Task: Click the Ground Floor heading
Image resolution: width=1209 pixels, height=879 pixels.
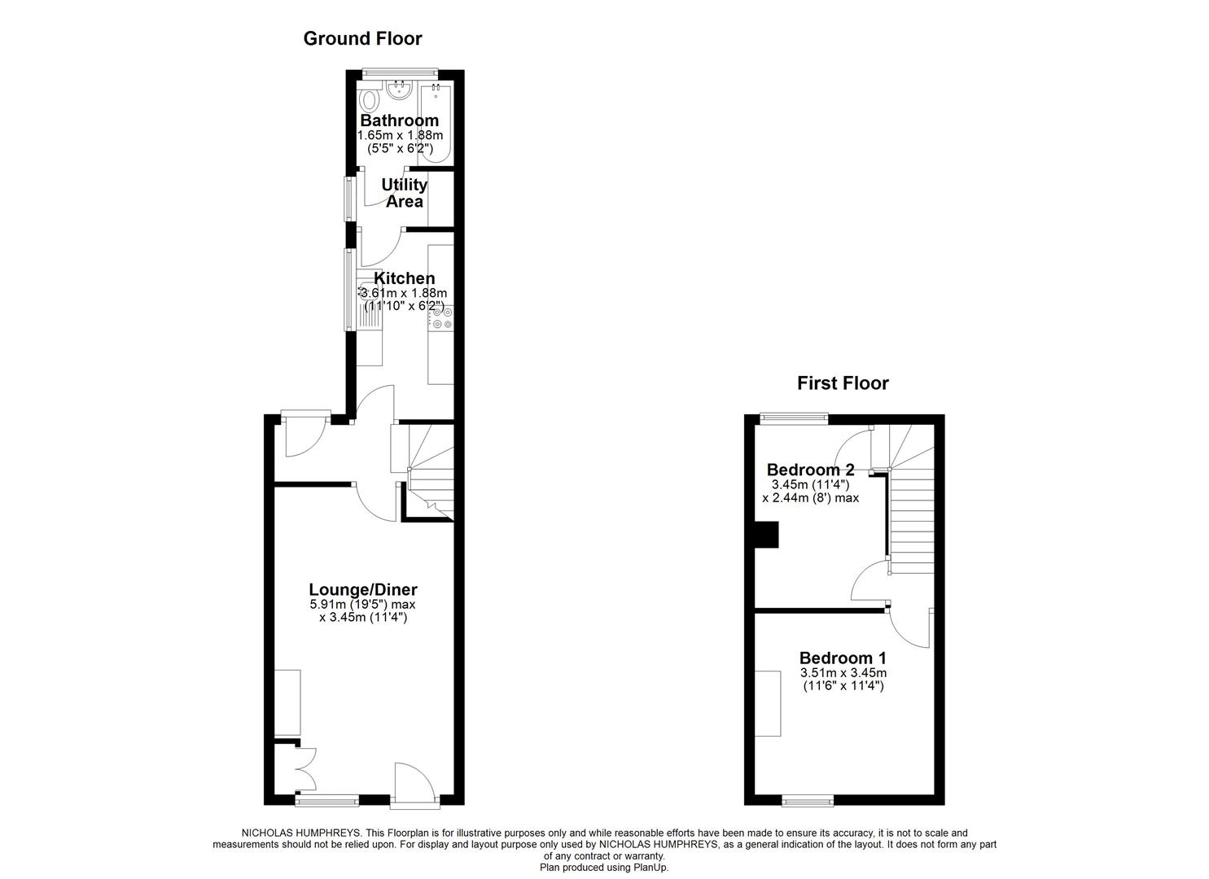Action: (x=362, y=38)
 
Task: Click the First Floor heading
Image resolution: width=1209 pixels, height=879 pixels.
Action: (x=843, y=383)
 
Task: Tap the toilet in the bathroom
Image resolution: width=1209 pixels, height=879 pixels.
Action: (x=370, y=101)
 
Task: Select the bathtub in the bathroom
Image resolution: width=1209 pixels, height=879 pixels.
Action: (x=436, y=122)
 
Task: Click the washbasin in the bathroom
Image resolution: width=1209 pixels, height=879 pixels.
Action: (x=400, y=90)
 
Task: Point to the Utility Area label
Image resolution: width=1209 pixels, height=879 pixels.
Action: (x=404, y=193)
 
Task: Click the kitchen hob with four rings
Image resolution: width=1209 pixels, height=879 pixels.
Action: (x=442, y=317)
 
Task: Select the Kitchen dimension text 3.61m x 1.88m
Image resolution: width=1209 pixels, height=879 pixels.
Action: (x=403, y=293)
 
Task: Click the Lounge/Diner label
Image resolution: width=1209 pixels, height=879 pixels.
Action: (x=363, y=589)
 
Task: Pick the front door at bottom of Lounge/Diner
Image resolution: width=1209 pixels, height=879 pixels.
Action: (x=414, y=785)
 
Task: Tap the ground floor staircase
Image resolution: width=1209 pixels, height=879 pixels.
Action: (x=430, y=472)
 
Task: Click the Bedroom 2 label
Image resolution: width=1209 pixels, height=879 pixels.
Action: (x=810, y=470)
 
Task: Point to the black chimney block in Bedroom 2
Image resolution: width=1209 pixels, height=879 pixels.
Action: (x=767, y=535)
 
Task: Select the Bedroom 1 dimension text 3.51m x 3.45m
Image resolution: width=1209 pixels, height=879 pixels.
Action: (x=843, y=673)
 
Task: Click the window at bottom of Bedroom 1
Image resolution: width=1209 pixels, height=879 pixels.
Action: (x=808, y=801)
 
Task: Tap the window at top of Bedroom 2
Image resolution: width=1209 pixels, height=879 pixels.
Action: (x=794, y=418)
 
